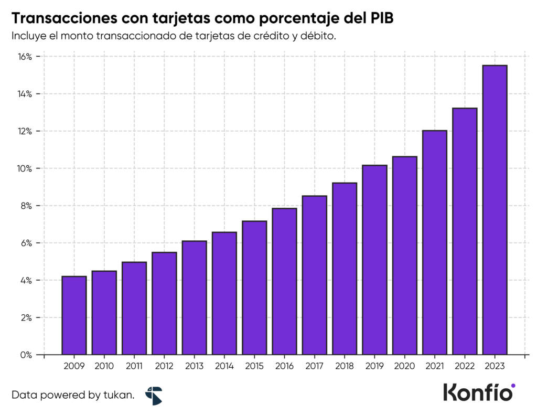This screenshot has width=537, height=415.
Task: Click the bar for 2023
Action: pyautogui.click(x=495, y=210)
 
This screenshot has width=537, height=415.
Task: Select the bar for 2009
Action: pyautogui.click(x=74, y=315)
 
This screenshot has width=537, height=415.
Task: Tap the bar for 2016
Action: pyautogui.click(x=284, y=281)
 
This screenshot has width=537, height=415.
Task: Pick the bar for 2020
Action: pyautogui.click(x=404, y=256)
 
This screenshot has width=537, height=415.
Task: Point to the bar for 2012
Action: pyautogui.click(x=164, y=303)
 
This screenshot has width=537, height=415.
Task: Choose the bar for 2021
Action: pyautogui.click(x=435, y=242)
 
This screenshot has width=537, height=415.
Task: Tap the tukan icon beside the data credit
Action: pyautogui.click(x=154, y=395)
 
